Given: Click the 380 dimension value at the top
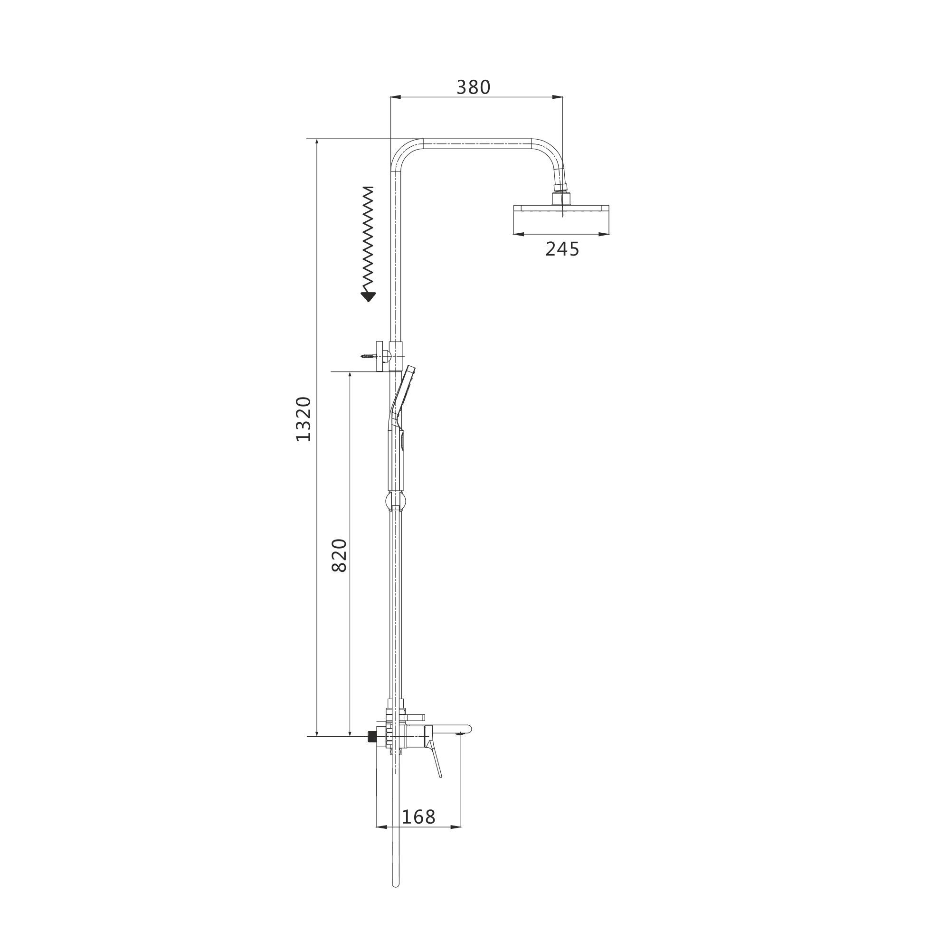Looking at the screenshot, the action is tap(474, 87).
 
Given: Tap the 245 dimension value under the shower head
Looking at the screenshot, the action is tap(562, 249).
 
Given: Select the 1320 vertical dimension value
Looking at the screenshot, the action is tap(304, 419).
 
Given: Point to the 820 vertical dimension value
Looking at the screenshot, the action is tap(339, 556).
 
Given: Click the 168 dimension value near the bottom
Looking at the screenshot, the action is tap(418, 817).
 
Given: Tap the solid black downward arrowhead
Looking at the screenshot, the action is tap(368, 296).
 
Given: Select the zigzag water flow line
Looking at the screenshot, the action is tap(368, 239).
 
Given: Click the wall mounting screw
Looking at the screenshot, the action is tap(368, 355).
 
